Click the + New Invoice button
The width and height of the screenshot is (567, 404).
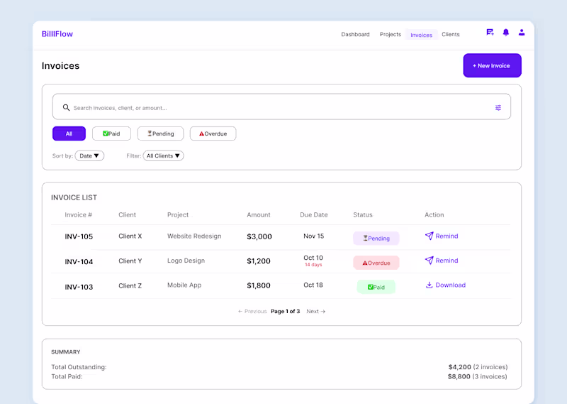click(492, 65)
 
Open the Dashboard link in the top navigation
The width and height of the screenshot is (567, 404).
click(355, 34)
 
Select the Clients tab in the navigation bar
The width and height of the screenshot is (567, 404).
click(450, 34)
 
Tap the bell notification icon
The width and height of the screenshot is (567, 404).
click(506, 33)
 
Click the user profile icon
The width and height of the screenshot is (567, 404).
click(522, 33)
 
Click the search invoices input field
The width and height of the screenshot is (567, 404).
click(276, 108)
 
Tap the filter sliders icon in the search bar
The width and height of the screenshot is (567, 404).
click(498, 108)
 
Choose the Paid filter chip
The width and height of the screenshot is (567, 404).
click(111, 133)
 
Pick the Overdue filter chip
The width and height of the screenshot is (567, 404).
click(213, 133)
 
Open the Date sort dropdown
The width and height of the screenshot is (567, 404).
click(89, 155)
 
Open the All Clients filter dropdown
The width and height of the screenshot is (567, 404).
click(164, 155)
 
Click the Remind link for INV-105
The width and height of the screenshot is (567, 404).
click(442, 236)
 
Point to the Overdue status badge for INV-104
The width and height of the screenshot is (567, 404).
click(376, 263)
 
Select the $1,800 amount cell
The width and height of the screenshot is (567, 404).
click(259, 286)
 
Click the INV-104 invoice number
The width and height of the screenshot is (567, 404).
click(79, 262)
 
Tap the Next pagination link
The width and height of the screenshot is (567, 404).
click(315, 311)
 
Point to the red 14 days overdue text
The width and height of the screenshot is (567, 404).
click(313, 265)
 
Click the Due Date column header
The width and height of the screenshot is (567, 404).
click(313, 214)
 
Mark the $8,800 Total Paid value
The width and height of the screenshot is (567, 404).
click(459, 376)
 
